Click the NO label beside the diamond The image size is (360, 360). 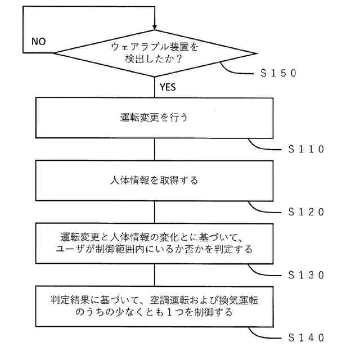pyautogui.click(x=39, y=42)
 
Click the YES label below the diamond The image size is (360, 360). pyautogui.click(x=168, y=87)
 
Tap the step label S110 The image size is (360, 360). pyautogui.click(x=306, y=150)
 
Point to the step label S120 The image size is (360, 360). pyautogui.click(x=306, y=212)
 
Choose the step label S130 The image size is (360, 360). pyautogui.click(x=306, y=275)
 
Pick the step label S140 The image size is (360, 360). pyautogui.click(x=306, y=337)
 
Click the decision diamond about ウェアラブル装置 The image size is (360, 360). pyautogui.click(x=155, y=54)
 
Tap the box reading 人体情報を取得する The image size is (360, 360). pyautogui.click(x=155, y=182)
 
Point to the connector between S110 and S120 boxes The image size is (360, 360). pyautogui.click(x=155, y=150)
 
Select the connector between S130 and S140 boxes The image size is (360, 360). pyautogui.click(x=155, y=275)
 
